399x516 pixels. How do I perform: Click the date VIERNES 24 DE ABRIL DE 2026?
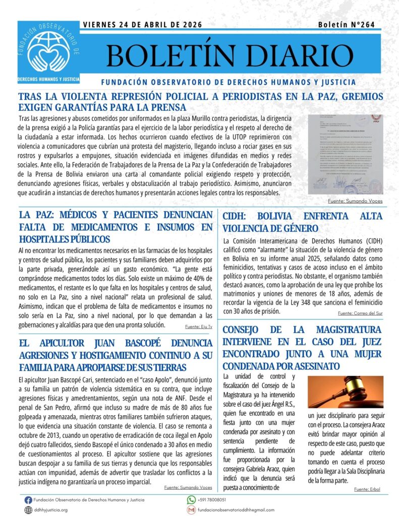click(x=142, y=25)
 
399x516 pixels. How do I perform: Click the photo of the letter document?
click(x=346, y=154)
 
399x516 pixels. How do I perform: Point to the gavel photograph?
click(x=346, y=384)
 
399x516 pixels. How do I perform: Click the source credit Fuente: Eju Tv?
click(x=199, y=327)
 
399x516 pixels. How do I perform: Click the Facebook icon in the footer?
click(x=28, y=500)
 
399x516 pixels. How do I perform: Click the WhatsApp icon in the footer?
click(x=191, y=500)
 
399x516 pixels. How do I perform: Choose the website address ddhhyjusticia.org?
click(x=50, y=510)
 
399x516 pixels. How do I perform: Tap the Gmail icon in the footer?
click(x=191, y=510)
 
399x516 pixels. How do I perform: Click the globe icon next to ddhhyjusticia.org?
click(x=28, y=510)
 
